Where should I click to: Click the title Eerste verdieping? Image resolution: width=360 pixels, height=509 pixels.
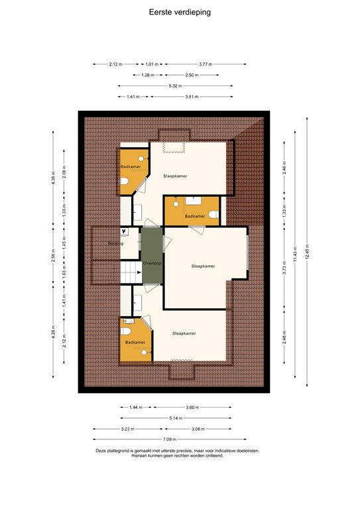[x=180, y=11]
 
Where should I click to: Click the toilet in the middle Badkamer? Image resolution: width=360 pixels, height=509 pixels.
[x=213, y=213]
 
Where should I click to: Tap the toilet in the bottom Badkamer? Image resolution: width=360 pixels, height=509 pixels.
[x=125, y=329]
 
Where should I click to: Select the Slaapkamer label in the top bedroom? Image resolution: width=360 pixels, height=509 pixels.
[x=175, y=176]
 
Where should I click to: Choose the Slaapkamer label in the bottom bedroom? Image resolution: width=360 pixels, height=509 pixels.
[x=184, y=333]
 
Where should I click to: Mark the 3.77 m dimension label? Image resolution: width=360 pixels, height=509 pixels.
[x=206, y=64]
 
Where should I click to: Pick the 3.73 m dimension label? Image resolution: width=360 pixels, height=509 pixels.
[x=284, y=268]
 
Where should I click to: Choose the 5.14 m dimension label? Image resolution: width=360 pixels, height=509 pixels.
[x=175, y=418]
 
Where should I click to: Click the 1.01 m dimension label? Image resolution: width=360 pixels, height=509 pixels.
[x=152, y=64]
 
